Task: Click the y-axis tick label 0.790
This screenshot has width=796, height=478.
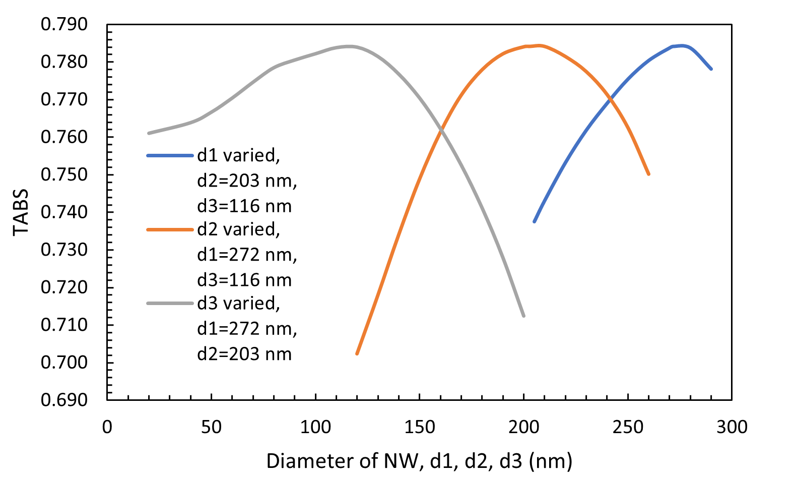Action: pyautogui.click(x=64, y=24)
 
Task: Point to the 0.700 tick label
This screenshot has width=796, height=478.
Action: pyautogui.click(x=64, y=362)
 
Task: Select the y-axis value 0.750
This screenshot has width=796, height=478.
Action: pyautogui.click(x=64, y=174)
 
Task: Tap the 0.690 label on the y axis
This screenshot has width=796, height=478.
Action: pyautogui.click(x=64, y=399)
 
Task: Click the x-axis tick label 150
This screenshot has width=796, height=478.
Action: pyautogui.click(x=420, y=428)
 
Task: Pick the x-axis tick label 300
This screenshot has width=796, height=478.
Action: pyautogui.click(x=732, y=428)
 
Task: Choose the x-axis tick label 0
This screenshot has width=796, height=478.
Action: pyautogui.click(x=107, y=428)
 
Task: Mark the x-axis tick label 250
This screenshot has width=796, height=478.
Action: pyautogui.click(x=628, y=428)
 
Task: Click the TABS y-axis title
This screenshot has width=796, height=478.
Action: pyautogui.click(x=21, y=212)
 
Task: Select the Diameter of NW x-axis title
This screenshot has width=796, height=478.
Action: pyautogui.click(x=419, y=461)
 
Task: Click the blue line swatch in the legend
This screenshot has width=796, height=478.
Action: pyautogui.click(x=170, y=156)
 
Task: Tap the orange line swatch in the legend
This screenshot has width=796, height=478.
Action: pyautogui.click(x=170, y=229)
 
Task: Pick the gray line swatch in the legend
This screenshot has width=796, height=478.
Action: pyautogui.click(x=170, y=303)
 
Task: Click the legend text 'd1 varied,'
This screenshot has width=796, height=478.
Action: pyautogui.click(x=238, y=156)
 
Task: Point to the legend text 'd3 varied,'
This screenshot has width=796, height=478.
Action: pyautogui.click(x=238, y=303)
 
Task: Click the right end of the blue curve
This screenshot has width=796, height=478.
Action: pyautogui.click(x=711, y=69)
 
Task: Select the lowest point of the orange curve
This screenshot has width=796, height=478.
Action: pyautogui.click(x=357, y=353)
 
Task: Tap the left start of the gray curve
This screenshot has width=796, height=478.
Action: pyautogui.click(x=149, y=133)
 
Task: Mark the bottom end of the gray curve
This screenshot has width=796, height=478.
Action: pyautogui.click(x=524, y=316)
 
